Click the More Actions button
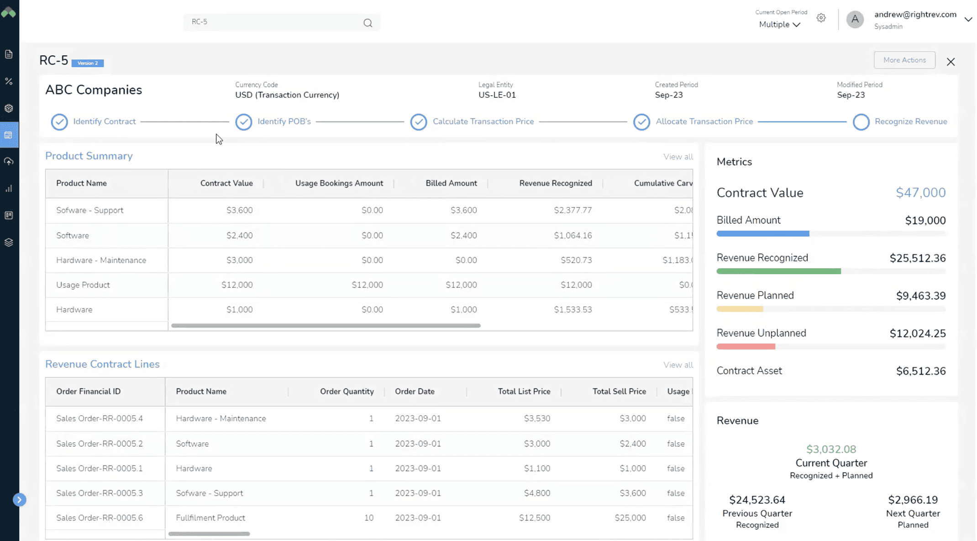pos(904,60)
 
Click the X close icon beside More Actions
pos(951,62)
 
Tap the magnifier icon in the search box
pos(368,23)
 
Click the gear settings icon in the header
pos(821,18)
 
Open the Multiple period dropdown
pos(779,25)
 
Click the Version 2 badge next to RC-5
pos(88,63)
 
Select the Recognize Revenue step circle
pos(861,122)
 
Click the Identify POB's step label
pos(284,122)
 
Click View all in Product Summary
pos(678,157)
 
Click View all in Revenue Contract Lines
pos(678,365)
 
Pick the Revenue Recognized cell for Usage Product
pos(576,285)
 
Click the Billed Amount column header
pos(451,183)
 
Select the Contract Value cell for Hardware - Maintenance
pos(239,260)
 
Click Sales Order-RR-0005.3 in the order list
pos(100,493)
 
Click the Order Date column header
pos(415,392)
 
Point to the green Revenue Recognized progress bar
pos(778,271)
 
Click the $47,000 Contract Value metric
pos(920,193)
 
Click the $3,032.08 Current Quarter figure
pos(830,449)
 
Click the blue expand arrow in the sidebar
pos(19,499)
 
